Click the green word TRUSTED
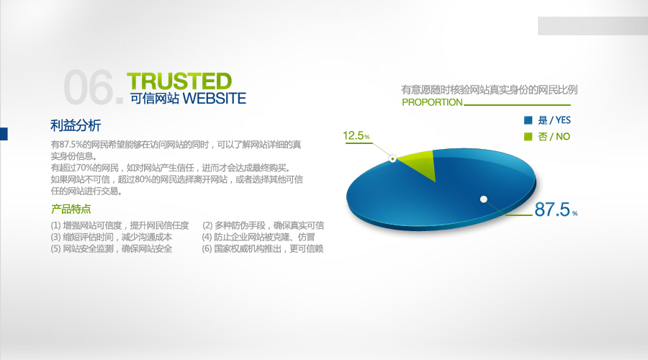[x=179, y=81]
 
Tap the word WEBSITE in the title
[x=214, y=99]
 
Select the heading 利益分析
[x=76, y=125]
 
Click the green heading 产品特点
[x=71, y=209]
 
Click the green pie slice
[x=417, y=163]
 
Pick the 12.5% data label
[x=356, y=135]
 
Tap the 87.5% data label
[x=556, y=210]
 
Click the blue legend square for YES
[x=528, y=120]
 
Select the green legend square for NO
[x=528, y=136]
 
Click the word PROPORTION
[x=432, y=102]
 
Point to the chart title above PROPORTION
[x=490, y=89]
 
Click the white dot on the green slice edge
[x=393, y=158]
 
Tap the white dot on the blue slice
[x=484, y=199]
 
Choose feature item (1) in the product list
[x=120, y=225]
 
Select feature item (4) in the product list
[x=258, y=237]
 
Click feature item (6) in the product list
[x=262, y=248]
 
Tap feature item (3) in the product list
[x=112, y=237]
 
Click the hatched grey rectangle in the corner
[x=593, y=26]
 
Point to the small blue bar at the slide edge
[x=4, y=134]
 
